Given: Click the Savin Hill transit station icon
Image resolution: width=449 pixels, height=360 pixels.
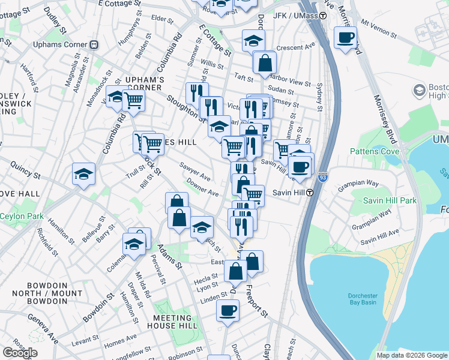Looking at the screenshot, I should click(x=310, y=193).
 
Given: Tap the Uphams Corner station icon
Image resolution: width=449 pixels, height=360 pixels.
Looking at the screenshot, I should click(x=94, y=44).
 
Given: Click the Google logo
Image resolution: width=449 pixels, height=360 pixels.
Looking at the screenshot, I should click(x=20, y=353).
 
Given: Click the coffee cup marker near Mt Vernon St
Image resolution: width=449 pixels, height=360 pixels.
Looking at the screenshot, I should click(x=345, y=38).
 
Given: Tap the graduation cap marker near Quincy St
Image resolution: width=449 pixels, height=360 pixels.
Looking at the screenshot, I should click(x=84, y=174).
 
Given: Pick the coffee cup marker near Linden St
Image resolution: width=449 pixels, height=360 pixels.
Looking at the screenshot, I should click(x=228, y=311).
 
